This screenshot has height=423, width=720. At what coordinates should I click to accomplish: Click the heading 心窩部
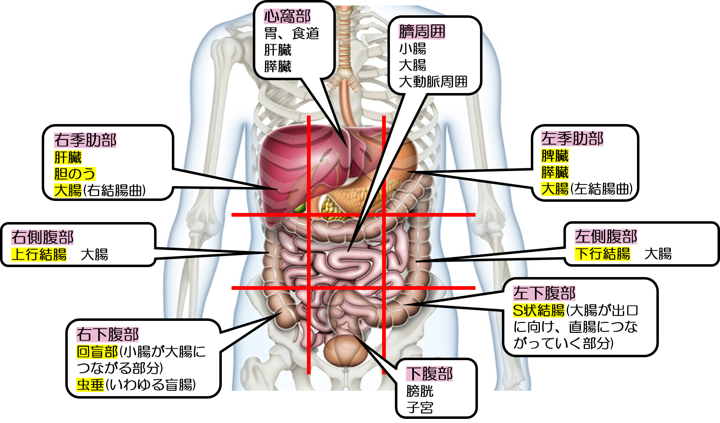[x=287, y=17]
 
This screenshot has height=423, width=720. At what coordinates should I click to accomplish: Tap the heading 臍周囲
[x=422, y=31]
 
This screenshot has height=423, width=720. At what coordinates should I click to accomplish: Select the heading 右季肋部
[x=85, y=140]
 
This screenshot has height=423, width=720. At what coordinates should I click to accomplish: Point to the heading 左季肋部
[x=572, y=139]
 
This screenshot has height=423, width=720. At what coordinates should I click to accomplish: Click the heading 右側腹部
[x=42, y=237]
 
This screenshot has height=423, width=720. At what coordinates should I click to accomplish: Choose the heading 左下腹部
[x=544, y=293]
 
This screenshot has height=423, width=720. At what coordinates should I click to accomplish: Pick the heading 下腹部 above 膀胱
[x=430, y=374]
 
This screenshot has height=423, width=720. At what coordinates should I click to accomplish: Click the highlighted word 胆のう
[x=74, y=174]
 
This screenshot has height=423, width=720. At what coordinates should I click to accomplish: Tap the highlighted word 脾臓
[x=555, y=156]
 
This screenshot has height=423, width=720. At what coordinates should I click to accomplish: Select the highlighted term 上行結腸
[x=39, y=254]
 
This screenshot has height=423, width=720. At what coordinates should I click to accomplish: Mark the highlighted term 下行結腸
[x=602, y=253]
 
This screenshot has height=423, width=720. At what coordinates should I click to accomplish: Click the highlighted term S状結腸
[x=538, y=310]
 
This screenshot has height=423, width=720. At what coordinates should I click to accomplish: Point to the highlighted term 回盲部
[x=97, y=352]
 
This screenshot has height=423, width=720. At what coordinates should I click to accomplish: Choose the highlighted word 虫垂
[x=90, y=385]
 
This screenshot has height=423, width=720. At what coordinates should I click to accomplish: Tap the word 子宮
[x=420, y=408]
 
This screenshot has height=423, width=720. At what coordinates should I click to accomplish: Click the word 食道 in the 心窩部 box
[x=305, y=33]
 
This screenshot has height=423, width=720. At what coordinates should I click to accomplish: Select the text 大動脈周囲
[x=433, y=82]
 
